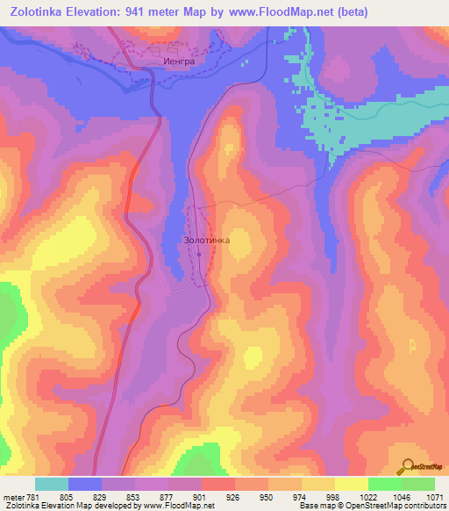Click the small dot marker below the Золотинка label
tap(199, 255)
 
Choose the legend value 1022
tap(368, 496)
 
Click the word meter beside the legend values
tap(12, 496)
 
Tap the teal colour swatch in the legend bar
tap(52, 484)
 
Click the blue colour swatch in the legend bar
tap(85, 484)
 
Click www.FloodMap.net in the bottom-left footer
tap(171, 506)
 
